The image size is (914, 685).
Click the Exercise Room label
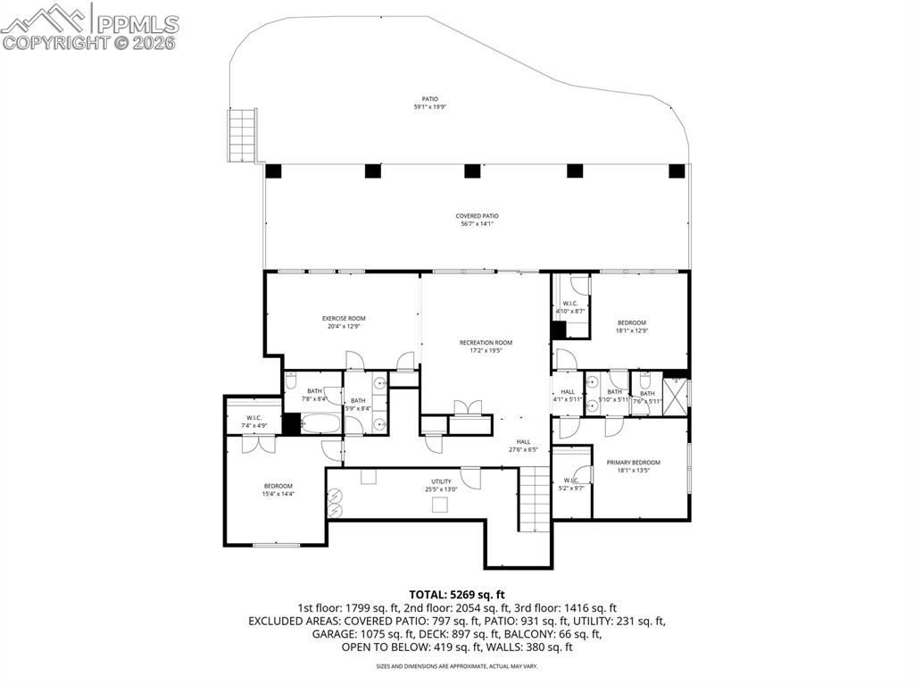click(344, 319)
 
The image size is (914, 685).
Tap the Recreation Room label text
click(486, 343)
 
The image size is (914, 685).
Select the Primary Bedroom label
click(633, 463)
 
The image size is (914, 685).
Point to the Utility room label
click(441, 482)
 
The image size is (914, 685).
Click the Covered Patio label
click(477, 216)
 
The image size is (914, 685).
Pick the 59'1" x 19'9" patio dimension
click(429, 107)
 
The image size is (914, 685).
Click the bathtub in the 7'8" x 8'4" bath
click(321, 423)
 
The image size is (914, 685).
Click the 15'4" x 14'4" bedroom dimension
click(278, 493)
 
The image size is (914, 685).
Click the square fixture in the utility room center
click(439, 505)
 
